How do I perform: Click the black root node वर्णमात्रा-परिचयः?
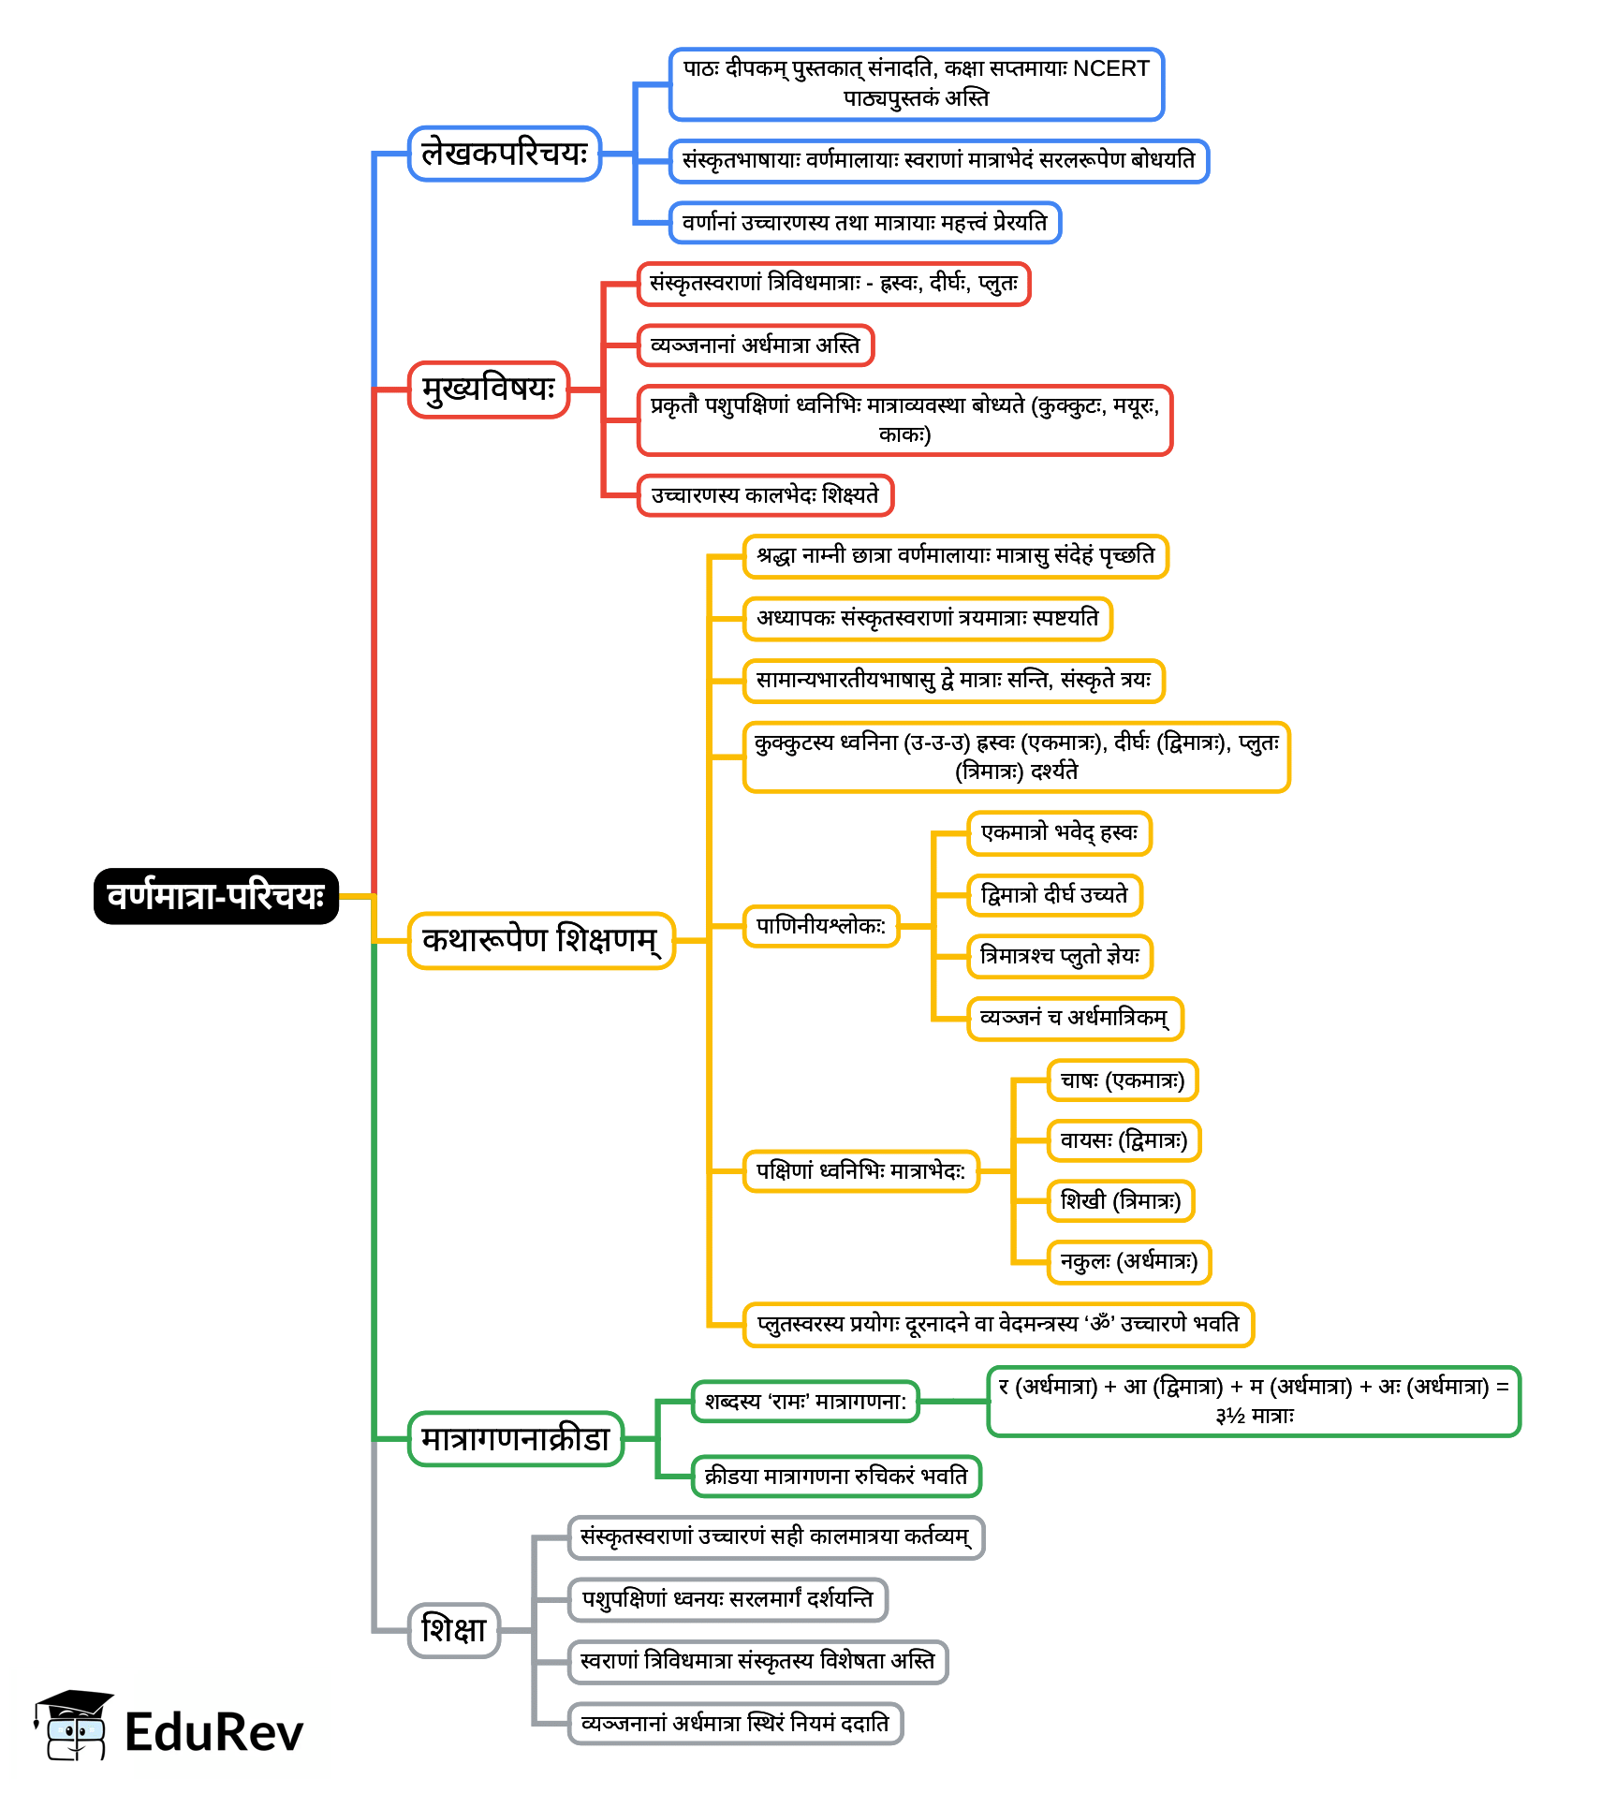coord(215,896)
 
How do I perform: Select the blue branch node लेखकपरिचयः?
coord(504,154)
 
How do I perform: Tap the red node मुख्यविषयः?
coord(489,389)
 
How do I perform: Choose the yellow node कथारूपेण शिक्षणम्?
coord(541,940)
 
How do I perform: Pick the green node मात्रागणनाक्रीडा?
coord(516,1439)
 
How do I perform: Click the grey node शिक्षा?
coord(454,1630)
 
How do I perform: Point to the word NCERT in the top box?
coord(1110,69)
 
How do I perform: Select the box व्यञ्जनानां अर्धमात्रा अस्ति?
coord(755,345)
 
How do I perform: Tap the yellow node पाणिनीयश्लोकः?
coord(820,926)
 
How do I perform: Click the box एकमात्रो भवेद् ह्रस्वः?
coord(1059,833)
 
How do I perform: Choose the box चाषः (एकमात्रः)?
coord(1122,1081)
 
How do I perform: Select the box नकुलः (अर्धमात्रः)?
coord(1128,1262)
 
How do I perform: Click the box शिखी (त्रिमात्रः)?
coord(1120,1201)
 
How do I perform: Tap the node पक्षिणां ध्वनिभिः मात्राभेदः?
coord(860,1171)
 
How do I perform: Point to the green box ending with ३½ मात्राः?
coord(1253,1402)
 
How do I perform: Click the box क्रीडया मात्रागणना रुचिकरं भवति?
coord(836,1477)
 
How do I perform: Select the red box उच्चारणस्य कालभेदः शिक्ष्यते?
coord(765,495)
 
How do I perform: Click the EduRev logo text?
coord(213,1733)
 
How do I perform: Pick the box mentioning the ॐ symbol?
coord(997,1325)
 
